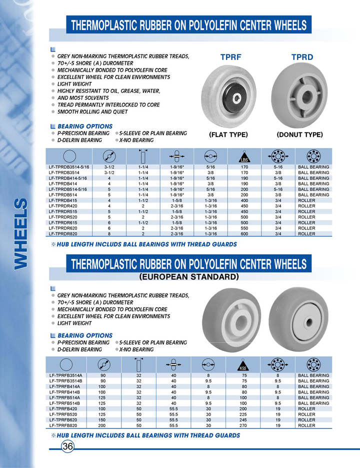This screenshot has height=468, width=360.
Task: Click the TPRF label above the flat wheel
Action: coord(231,57)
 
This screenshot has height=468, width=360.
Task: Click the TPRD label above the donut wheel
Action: coord(302,57)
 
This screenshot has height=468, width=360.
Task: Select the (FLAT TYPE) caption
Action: coord(228,135)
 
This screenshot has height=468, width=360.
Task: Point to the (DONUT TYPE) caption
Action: coord(299,135)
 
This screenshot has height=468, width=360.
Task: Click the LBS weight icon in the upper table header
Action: coord(244,157)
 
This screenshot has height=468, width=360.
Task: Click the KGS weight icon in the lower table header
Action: coord(244,366)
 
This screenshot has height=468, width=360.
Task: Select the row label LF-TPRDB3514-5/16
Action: coord(69,167)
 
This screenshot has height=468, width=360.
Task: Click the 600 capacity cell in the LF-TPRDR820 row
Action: coord(244,233)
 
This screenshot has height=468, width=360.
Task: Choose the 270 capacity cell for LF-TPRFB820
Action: coord(244,425)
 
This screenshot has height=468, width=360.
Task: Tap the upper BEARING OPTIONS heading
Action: coord(85,126)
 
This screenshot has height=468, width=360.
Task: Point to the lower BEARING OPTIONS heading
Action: coord(85,335)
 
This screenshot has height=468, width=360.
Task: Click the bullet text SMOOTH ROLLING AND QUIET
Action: coord(96,112)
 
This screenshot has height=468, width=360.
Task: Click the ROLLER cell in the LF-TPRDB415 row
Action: coord(306,200)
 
